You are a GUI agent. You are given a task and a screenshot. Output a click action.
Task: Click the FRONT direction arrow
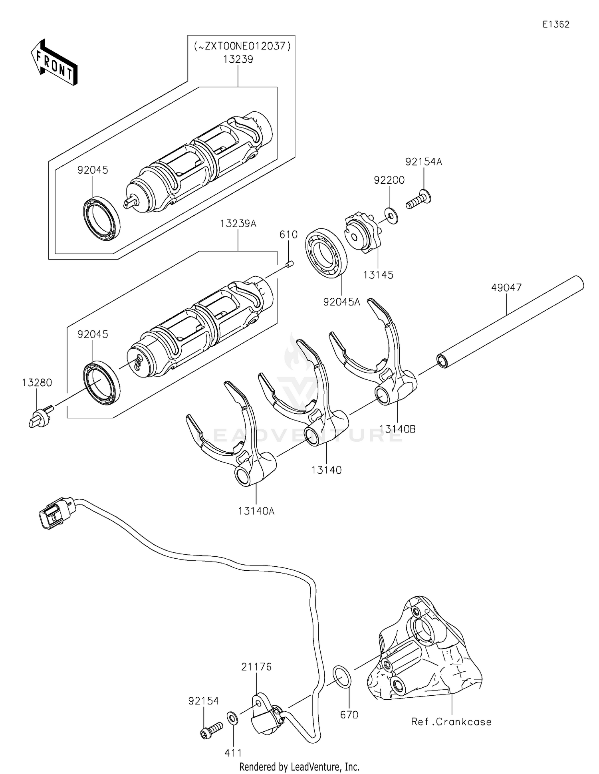coord(54,63)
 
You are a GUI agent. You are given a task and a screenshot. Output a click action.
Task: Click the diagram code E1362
coord(555,24)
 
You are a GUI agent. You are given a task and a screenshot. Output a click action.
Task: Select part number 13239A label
coord(238,224)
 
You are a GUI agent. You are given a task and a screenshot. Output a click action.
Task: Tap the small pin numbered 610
coord(290,264)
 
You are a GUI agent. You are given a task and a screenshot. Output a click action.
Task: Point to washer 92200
coord(392,216)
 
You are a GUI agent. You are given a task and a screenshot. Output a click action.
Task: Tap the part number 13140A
coord(256,511)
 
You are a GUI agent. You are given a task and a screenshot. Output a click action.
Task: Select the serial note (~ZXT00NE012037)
coord(242,46)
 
